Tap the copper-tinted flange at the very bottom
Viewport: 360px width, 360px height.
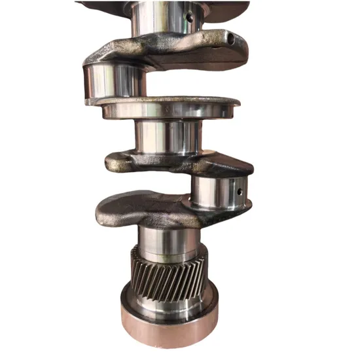coord(170,327)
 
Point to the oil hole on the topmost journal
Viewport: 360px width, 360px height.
coord(188,18)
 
